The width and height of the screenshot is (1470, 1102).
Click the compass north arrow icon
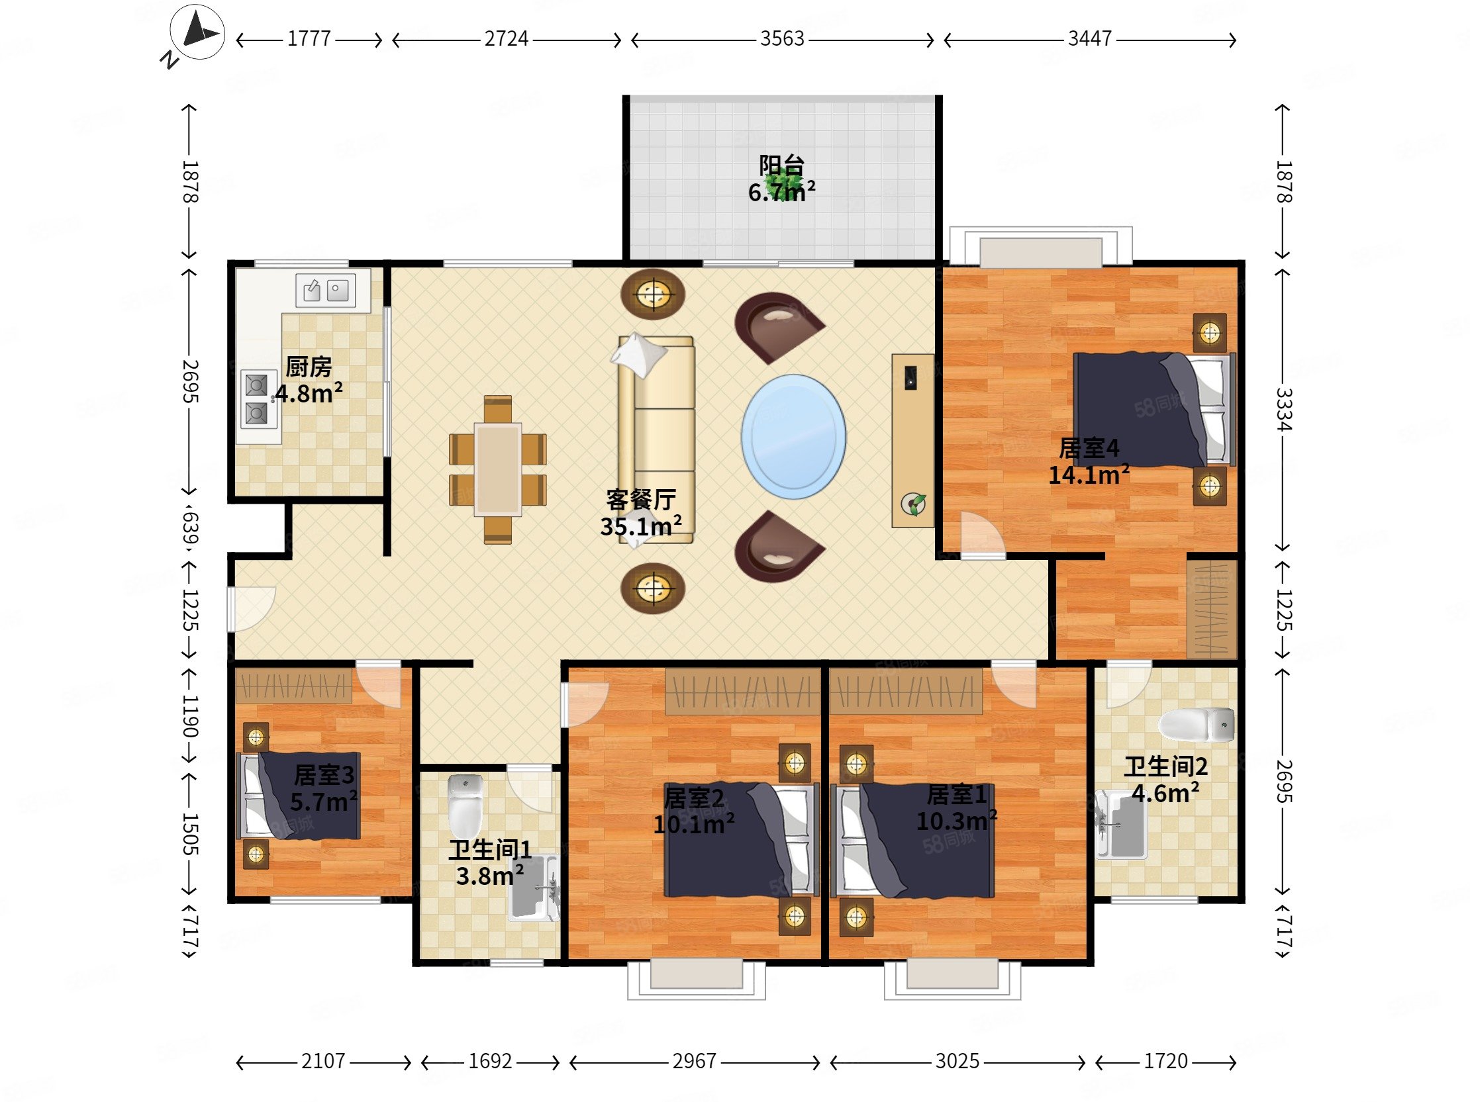coord(197,32)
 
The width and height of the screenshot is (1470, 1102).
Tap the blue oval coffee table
coord(793,437)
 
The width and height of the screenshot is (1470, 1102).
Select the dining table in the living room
coord(498,470)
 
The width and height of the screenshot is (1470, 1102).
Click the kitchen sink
coord(326,290)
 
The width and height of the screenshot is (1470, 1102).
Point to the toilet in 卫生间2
coord(1197,725)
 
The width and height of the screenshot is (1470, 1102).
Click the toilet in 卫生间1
coord(465,805)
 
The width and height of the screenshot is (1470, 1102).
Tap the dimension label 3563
coord(782,38)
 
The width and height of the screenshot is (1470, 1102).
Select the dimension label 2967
coord(695,1061)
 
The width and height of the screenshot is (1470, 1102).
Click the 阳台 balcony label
coord(781,165)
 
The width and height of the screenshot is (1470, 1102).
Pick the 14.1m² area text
coord(1089,475)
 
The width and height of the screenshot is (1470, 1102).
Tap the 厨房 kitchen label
coord(309,367)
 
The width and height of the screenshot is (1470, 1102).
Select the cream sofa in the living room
coord(657,439)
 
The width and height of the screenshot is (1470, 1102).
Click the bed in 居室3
coord(299,795)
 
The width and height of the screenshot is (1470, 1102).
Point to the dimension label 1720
coord(1165,1061)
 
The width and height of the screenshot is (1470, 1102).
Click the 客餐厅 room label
coord(640,500)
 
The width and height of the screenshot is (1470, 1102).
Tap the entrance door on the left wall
coord(250,609)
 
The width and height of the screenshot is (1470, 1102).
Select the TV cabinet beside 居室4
coord(913,440)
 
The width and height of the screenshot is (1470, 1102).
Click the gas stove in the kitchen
coord(258,399)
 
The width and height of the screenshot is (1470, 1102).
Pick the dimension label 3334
coord(1283,409)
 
